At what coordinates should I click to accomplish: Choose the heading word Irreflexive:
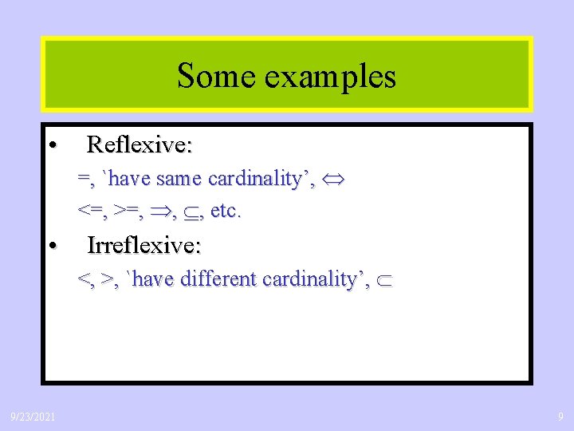143,245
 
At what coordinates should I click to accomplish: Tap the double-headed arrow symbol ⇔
333,180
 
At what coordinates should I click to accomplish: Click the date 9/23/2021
33,417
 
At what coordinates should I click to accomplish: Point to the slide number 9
560,417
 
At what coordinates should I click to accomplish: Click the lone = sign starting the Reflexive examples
83,179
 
